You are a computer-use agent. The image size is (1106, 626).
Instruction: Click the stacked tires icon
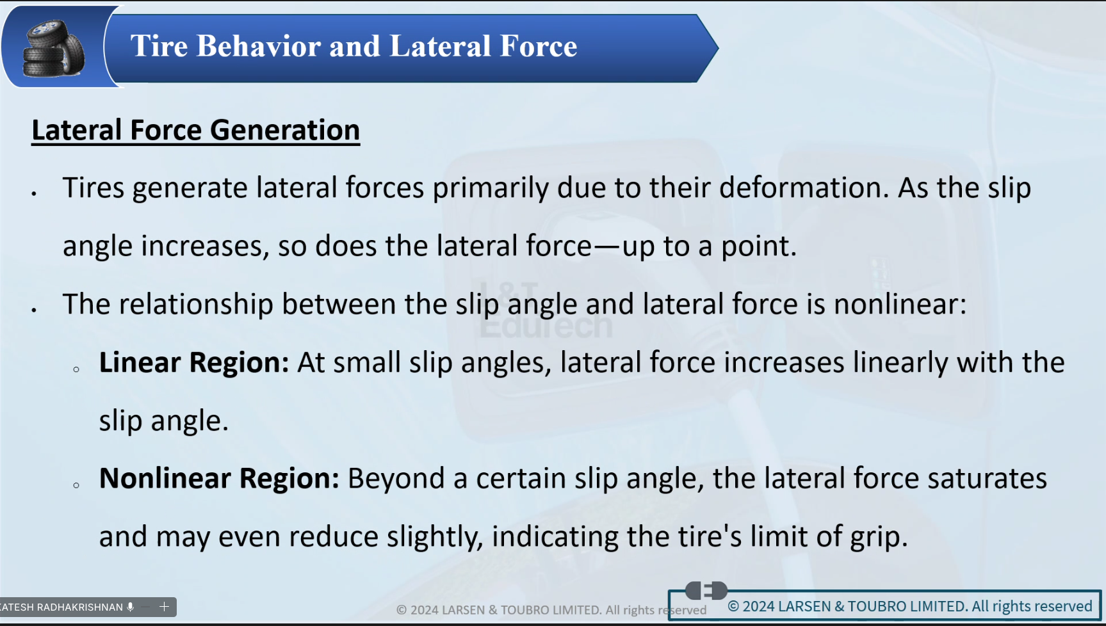pos(53,49)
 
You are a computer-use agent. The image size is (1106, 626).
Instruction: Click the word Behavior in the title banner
pos(259,46)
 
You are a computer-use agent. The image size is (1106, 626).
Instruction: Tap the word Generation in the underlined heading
pos(285,130)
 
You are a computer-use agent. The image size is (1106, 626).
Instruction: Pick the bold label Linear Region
pos(194,363)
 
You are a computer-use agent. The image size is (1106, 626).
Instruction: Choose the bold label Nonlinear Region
pos(219,479)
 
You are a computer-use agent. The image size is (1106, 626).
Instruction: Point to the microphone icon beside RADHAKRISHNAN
pos(130,607)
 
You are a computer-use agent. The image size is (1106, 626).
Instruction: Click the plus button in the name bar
pos(164,607)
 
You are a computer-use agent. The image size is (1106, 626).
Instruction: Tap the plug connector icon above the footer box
pos(706,590)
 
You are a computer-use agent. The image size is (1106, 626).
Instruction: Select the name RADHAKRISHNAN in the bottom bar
pos(80,607)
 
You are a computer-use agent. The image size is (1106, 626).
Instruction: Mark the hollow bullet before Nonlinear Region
pos(76,485)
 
